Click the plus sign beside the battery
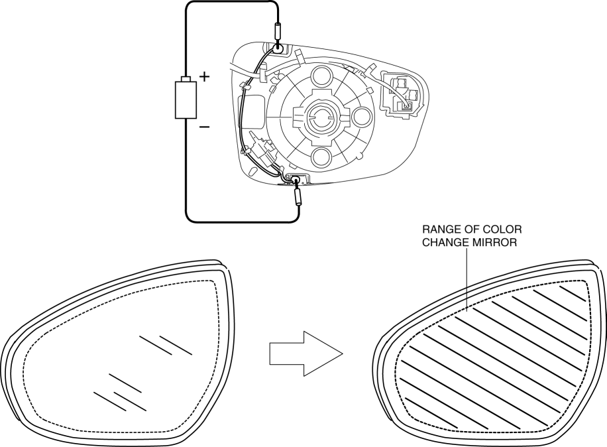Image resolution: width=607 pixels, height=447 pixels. coord(204,76)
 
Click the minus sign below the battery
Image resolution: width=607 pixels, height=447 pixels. coord(204,126)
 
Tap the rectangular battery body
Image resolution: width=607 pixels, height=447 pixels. coord(186,99)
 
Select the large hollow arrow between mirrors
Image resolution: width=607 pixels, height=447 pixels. coord(306,353)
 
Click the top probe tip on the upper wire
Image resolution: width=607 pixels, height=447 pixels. coord(278,32)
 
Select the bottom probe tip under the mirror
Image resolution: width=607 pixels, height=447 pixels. coord(298,196)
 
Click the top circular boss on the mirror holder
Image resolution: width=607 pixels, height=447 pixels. coord(321,76)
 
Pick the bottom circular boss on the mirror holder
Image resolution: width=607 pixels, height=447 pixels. coord(321,157)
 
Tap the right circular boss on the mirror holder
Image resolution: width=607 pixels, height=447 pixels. coord(362,117)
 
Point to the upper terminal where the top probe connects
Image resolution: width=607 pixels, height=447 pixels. coord(278,48)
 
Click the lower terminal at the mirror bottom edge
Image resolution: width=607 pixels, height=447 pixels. coord(296,179)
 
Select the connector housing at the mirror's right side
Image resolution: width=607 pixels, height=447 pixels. coord(404,94)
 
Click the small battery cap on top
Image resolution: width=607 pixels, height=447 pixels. coord(186,79)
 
